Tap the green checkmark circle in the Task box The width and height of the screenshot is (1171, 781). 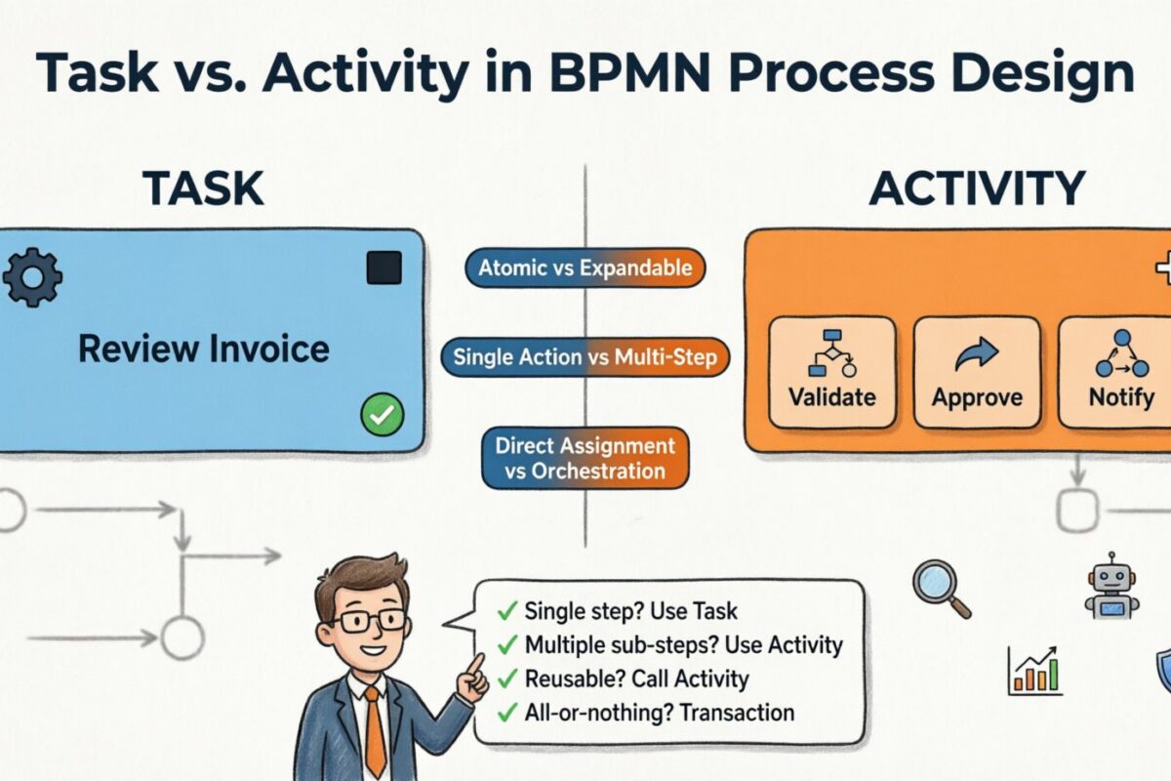coord(382,416)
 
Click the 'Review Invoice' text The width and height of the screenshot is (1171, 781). coord(204,349)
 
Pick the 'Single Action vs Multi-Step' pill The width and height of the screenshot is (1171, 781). coord(585,357)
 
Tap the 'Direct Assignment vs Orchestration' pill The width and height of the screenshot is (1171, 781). coord(585,459)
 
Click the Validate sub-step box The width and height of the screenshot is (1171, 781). coord(831,372)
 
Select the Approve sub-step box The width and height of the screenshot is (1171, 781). coord(977,372)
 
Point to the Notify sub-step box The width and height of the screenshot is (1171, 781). coord(1118,372)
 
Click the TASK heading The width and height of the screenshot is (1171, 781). coord(203,187)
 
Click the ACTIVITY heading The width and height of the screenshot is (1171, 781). coord(977,187)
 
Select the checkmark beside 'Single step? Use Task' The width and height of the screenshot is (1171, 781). coord(506,612)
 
